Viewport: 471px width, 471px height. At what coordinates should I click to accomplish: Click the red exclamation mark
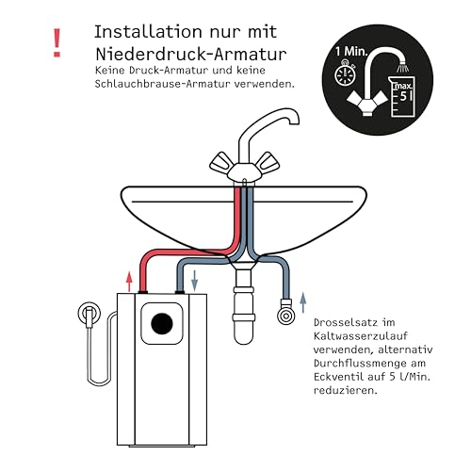pos(58,40)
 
